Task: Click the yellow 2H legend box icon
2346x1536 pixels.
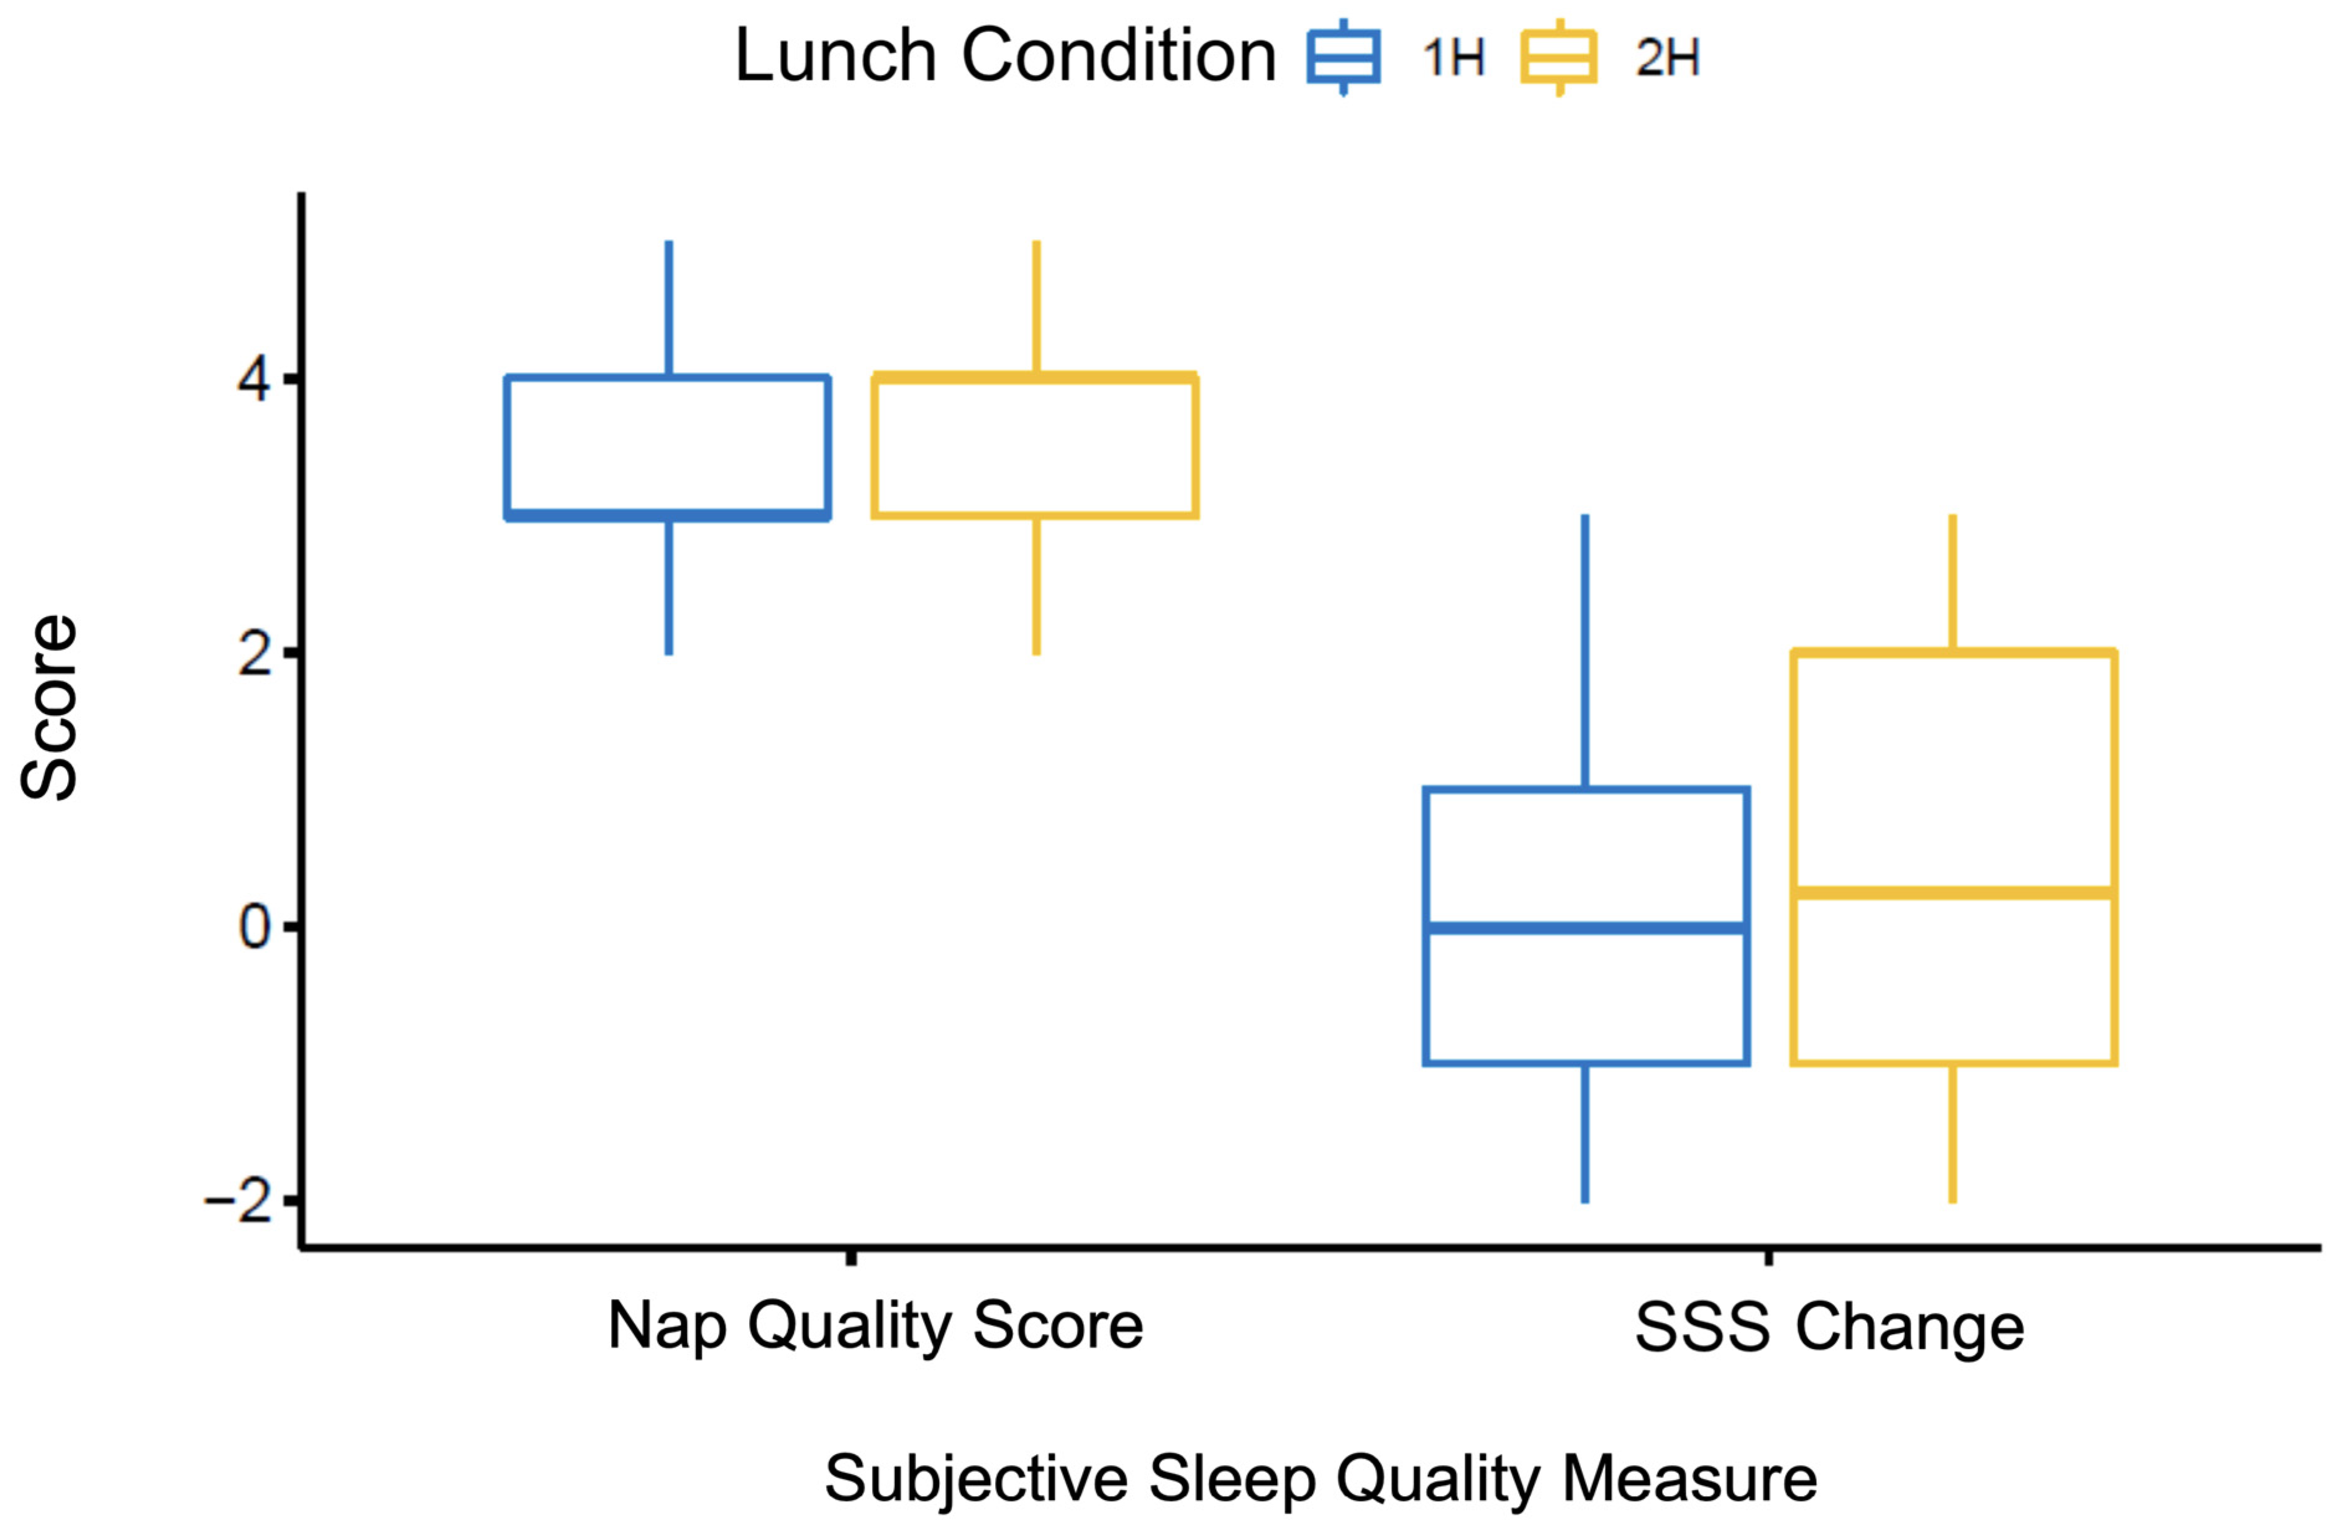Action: point(1558,56)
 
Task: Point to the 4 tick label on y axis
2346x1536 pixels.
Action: point(254,380)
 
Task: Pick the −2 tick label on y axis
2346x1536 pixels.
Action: point(240,1201)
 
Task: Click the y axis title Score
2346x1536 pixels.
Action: point(49,708)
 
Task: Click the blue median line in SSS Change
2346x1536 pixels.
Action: point(1586,928)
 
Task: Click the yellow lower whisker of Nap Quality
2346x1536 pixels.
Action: point(1036,585)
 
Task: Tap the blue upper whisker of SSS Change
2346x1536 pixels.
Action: point(1585,651)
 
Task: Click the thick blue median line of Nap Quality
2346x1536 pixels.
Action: point(668,516)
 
